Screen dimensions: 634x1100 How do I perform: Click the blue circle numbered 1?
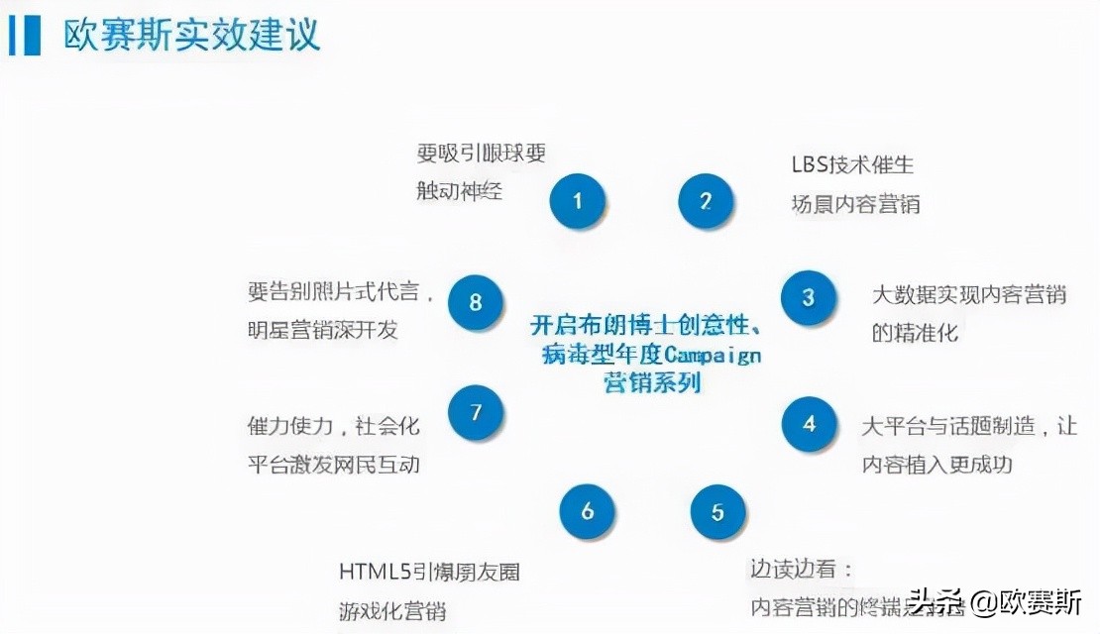(578, 201)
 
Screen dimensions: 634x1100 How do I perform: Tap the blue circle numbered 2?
(706, 201)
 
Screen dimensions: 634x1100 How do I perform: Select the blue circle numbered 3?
(809, 297)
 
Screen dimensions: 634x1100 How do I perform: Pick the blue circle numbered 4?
(810, 424)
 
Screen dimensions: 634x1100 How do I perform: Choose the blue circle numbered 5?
(717, 512)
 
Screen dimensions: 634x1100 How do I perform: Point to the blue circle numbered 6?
(588, 511)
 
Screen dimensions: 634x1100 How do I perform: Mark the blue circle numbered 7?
(476, 412)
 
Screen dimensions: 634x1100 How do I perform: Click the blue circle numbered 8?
(476, 301)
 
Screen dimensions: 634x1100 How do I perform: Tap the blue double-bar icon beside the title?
(24, 36)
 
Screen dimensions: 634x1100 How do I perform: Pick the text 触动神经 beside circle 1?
(459, 189)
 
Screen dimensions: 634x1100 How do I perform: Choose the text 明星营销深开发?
(322, 330)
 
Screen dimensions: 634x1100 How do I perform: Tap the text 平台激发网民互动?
(333, 464)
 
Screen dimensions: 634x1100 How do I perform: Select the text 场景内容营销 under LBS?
(855, 204)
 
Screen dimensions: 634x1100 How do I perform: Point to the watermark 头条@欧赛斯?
(996, 601)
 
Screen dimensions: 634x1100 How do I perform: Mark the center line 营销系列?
(652, 382)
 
